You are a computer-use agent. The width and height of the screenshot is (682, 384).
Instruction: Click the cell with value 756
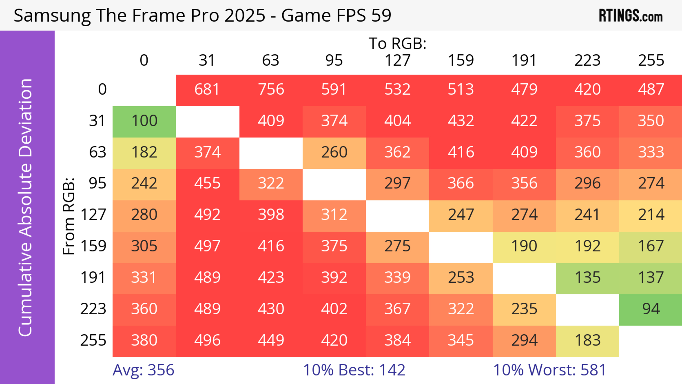point(271,89)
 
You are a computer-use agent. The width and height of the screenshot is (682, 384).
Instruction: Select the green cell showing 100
point(144,121)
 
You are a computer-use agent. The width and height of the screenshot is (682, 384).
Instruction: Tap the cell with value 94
point(651,309)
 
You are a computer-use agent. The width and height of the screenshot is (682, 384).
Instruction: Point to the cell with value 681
point(207,89)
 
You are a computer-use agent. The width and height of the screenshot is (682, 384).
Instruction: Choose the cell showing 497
point(207,246)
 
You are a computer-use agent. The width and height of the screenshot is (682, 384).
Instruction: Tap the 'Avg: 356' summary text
point(143,370)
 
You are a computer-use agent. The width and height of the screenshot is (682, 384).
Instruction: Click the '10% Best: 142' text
point(354,370)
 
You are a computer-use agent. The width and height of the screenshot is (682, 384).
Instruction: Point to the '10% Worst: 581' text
point(549,370)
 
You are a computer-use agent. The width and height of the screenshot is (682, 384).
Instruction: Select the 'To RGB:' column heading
point(397,43)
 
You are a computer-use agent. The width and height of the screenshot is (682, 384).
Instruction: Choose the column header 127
point(397,60)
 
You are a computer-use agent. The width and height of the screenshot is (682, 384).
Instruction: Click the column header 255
point(651,60)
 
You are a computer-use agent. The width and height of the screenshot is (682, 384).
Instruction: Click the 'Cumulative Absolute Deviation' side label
point(26,207)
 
